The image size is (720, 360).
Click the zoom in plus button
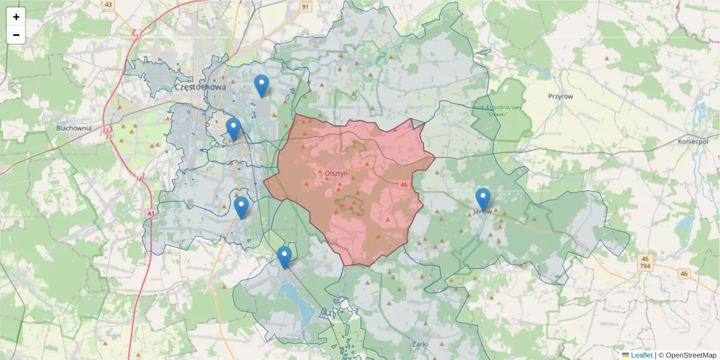[x=16, y=17]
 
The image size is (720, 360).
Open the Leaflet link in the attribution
[x=641, y=355]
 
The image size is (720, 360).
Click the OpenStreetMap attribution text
[x=692, y=355]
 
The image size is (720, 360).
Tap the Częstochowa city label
[x=200, y=87]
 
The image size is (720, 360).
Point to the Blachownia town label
[x=73, y=128]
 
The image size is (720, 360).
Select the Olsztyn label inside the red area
[x=336, y=173]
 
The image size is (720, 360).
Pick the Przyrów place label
[x=561, y=96]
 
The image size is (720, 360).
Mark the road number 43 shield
[x=108, y=5]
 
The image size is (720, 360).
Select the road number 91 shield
[x=306, y=7]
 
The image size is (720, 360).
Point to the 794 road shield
[x=645, y=266]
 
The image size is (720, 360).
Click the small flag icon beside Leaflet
[x=625, y=355]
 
